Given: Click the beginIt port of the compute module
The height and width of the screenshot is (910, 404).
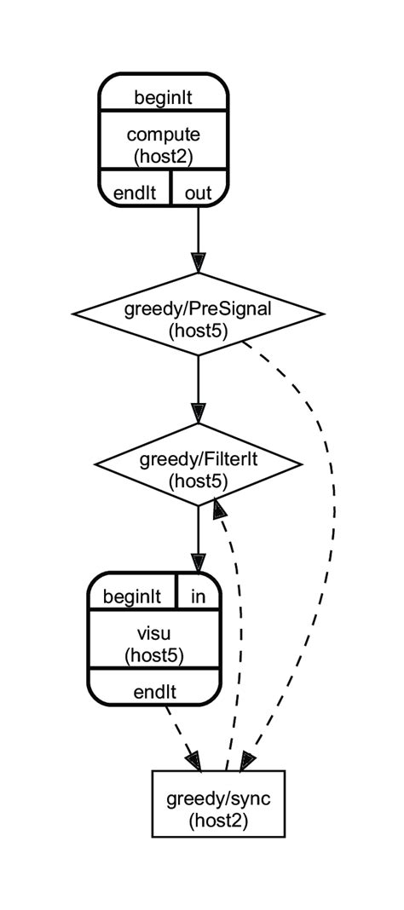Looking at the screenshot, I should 163,96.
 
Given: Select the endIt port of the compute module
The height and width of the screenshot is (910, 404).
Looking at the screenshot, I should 135,192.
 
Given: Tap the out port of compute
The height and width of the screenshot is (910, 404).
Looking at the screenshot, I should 199,192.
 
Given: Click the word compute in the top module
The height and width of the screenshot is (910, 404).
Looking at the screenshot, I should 163,134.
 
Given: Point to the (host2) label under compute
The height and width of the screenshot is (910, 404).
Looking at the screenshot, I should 163,155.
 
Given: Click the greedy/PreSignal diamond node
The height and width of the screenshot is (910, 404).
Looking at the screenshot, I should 198,314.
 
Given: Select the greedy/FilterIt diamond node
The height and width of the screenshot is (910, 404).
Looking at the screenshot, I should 198,465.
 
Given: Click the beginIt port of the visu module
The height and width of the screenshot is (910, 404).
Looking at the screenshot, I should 132,596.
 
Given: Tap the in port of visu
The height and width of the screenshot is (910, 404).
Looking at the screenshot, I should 198,596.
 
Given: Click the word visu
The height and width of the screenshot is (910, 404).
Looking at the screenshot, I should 154,634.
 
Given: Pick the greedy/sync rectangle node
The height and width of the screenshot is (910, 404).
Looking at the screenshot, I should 218,803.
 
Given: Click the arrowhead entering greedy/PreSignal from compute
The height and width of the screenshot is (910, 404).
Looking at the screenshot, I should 198,262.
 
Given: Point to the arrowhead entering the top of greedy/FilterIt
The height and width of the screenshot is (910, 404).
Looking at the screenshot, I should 198,413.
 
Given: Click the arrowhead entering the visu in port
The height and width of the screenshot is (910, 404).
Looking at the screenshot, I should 198,563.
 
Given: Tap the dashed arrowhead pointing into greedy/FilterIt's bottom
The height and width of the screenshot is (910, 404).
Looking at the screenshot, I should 219,510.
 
